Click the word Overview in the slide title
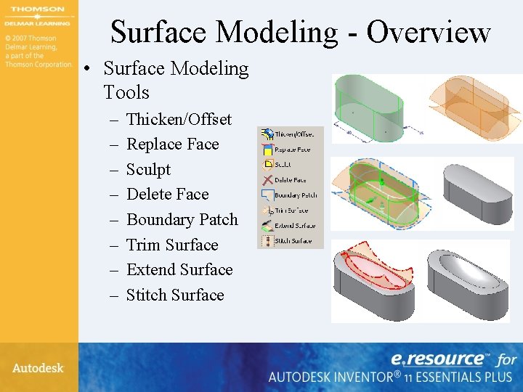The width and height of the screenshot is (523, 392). pyautogui.click(x=429, y=32)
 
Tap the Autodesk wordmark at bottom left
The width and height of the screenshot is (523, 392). pyautogui.click(x=38, y=368)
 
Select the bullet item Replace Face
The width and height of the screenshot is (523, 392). pyautogui.click(x=172, y=144)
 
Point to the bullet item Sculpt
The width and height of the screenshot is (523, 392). pyautogui.click(x=148, y=169)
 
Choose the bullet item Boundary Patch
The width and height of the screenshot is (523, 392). pyautogui.click(x=182, y=219)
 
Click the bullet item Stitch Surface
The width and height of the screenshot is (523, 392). pyautogui.click(x=175, y=295)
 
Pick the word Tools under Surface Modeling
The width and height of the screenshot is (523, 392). pyautogui.click(x=126, y=93)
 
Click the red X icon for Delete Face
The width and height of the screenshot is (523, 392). pyautogui.click(x=267, y=180)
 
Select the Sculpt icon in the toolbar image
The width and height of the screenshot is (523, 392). pyautogui.click(x=267, y=165)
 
